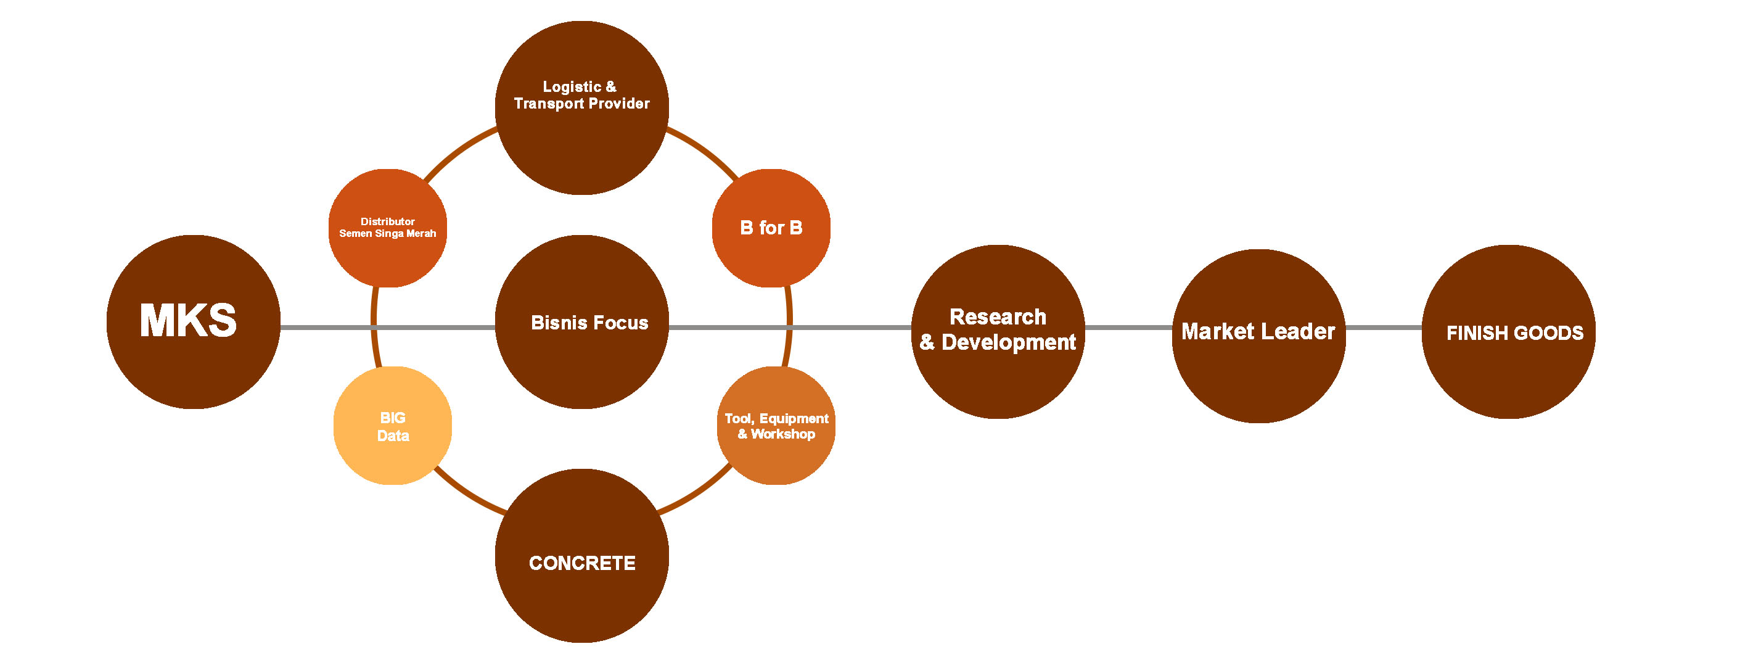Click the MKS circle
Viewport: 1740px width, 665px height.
(193, 321)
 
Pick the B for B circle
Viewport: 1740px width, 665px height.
(771, 228)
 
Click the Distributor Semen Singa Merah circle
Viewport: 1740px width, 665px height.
(387, 228)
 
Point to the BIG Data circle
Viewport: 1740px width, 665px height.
(392, 426)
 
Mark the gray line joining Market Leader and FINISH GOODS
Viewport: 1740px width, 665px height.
(1384, 328)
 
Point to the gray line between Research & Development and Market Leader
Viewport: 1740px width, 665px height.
(1128, 328)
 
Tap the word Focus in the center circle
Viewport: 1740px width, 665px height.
(620, 323)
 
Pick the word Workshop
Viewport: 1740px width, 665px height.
(783, 434)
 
